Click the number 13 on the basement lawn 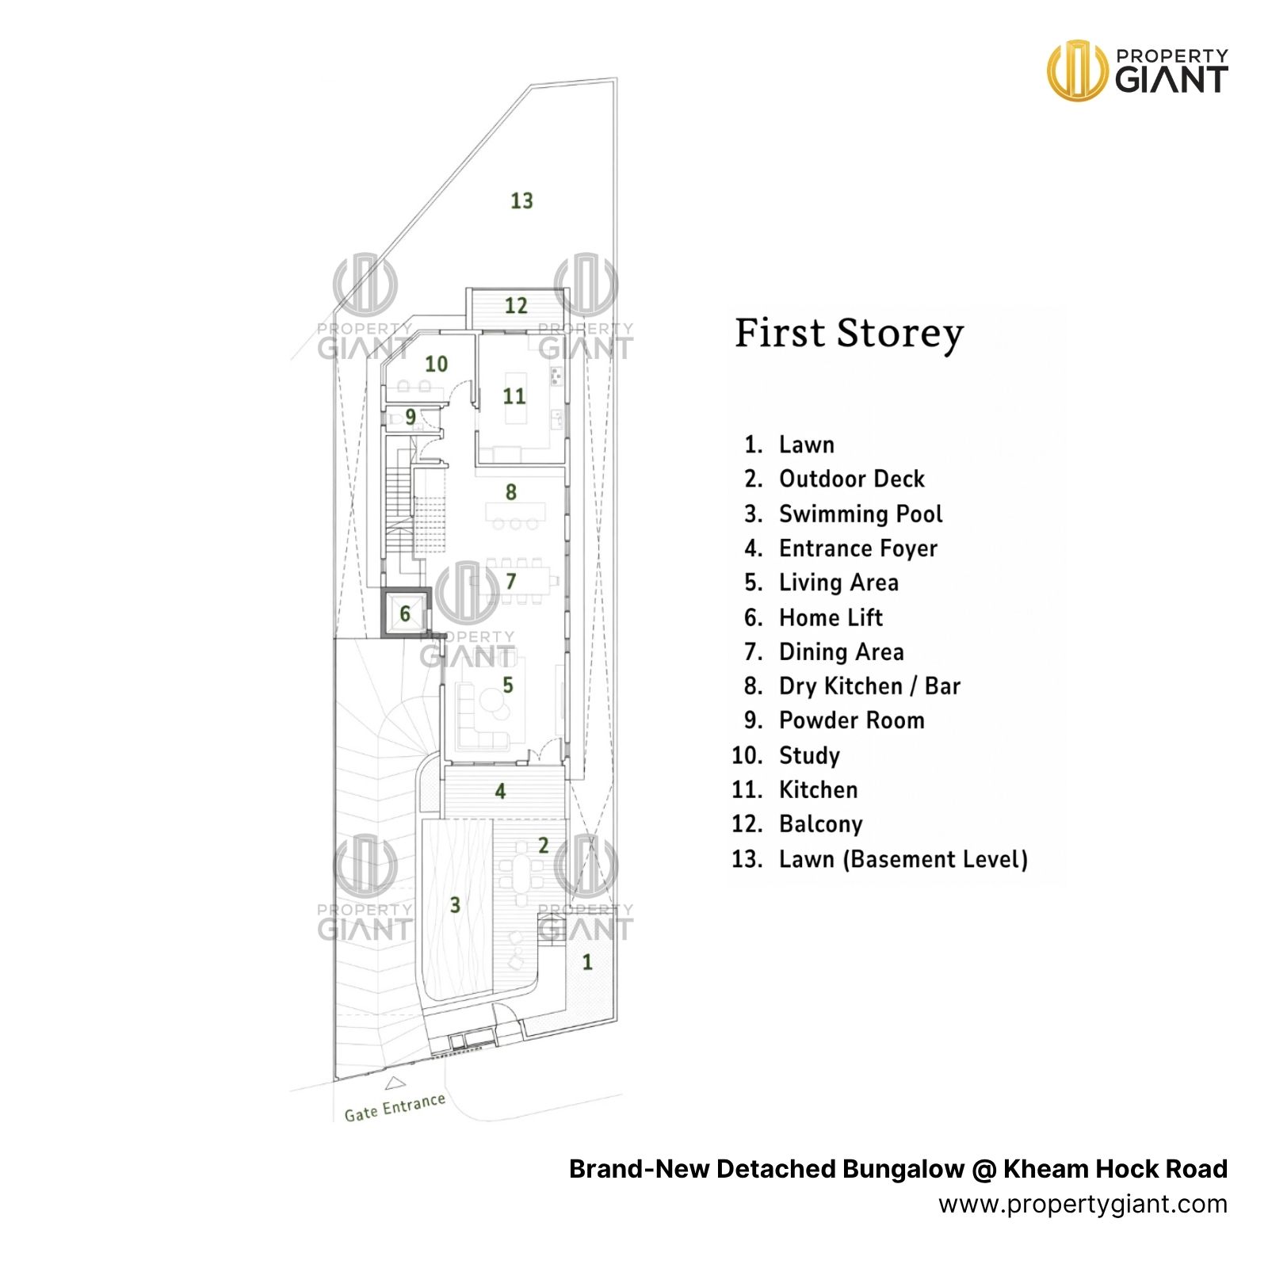click(521, 201)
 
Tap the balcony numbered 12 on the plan click(516, 306)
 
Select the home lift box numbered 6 click(406, 613)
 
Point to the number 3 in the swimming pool click(455, 905)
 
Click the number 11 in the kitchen click(514, 396)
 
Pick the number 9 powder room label click(411, 417)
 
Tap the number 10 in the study click(436, 365)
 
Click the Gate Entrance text click(395, 1107)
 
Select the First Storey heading click(849, 334)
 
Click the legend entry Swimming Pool click(861, 514)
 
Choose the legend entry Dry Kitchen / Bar click(869, 686)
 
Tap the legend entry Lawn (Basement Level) click(903, 859)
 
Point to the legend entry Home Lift click(831, 617)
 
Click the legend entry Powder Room click(851, 720)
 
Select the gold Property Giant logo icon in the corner click(1077, 71)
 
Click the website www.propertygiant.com click(1083, 1205)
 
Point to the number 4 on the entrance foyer click(500, 791)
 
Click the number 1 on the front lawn click(587, 962)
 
